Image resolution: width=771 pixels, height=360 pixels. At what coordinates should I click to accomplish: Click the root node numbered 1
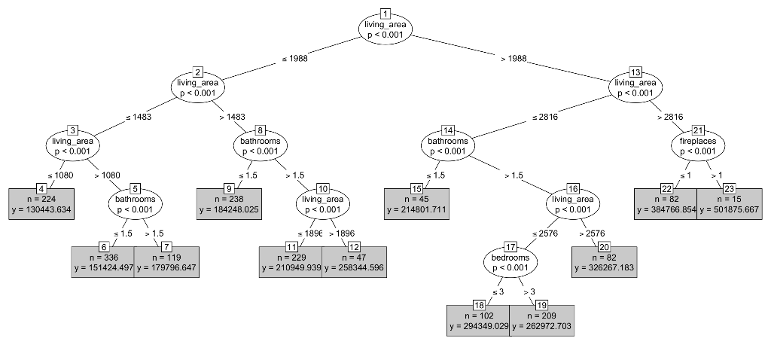coord(385,29)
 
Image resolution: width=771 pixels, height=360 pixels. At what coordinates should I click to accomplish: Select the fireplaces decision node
coord(698,145)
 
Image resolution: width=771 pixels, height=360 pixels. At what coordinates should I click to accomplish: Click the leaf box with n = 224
coord(41,204)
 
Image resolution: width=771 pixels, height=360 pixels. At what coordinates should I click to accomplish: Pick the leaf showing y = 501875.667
coord(729,204)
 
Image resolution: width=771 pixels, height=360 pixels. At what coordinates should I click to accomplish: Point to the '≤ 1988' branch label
coord(294,58)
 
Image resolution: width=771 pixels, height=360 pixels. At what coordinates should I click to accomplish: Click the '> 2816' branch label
coord(669,117)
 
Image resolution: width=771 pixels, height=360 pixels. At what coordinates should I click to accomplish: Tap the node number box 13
coord(635,72)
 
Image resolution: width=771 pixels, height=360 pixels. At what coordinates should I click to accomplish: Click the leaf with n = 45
coord(416,204)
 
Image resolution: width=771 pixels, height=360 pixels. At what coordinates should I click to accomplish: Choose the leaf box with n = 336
coord(103,262)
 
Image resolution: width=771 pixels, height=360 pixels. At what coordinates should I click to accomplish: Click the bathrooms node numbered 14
coord(448,145)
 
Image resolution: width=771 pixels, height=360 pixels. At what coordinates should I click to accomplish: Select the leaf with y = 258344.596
coord(354,262)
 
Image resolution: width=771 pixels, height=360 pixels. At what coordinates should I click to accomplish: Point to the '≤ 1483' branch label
coord(139,117)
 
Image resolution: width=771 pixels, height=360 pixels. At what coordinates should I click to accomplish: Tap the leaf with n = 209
coord(542,320)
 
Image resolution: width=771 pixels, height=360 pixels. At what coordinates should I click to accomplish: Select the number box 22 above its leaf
coord(666,188)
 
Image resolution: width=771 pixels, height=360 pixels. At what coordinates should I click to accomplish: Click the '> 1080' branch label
coord(108,175)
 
